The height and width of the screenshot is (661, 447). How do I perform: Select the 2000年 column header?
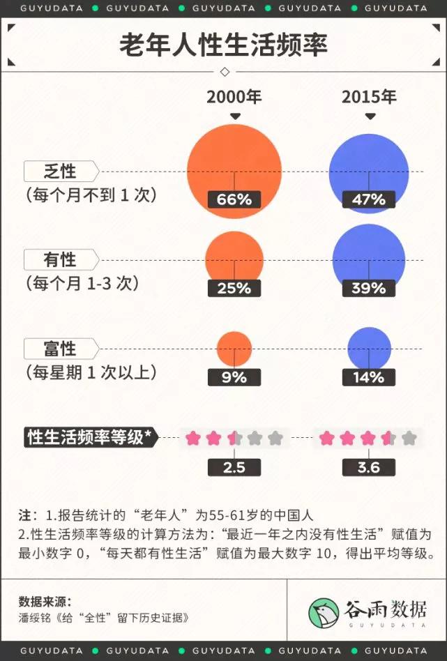pos(234,97)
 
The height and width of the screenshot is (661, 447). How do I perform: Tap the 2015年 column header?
pos(369,97)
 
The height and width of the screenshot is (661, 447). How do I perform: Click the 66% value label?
pos(234,199)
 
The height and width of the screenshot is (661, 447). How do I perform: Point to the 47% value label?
pos(369,199)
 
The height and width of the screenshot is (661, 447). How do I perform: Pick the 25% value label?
pos(234,288)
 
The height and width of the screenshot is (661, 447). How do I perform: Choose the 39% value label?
pos(369,288)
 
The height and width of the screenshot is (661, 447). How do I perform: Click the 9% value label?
pos(234,377)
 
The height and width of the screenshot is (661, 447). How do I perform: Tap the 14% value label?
pos(369,377)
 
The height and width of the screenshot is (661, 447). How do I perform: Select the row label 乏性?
pos(60,171)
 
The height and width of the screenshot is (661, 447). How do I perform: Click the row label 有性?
pos(60,260)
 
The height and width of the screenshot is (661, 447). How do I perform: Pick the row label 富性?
pos(60,348)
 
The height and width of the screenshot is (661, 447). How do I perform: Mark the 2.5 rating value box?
pos(234,467)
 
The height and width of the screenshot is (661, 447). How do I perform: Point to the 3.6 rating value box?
pos(369,467)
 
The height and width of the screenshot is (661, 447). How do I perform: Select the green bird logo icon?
pos(324,611)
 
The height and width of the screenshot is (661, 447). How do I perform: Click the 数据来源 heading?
pos(45,601)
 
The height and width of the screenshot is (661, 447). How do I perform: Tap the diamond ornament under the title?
pos(224,72)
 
